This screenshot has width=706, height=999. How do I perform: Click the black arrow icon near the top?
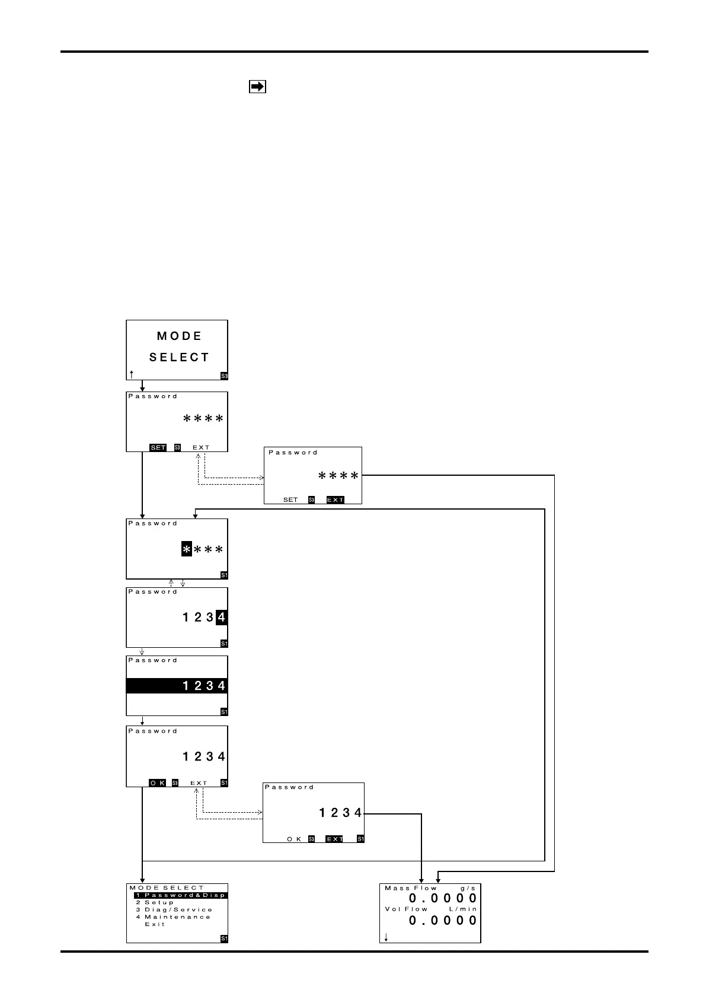tap(257, 87)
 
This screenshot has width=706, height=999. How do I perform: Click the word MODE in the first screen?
tap(179, 336)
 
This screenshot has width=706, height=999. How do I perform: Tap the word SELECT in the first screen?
tap(179, 358)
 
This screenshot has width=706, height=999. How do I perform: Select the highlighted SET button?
tap(158, 447)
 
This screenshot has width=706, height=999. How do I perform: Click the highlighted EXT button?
tap(335, 499)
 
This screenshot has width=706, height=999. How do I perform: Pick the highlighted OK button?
tap(157, 783)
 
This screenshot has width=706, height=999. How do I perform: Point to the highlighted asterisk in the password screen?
tap(187, 551)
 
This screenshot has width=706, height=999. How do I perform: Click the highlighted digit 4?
tap(221, 618)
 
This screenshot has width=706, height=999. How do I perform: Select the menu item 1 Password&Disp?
tap(179, 895)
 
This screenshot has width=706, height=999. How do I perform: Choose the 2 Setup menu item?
tap(155, 902)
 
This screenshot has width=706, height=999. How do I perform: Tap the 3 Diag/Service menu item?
tap(174, 909)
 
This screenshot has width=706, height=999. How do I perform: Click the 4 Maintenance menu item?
tap(173, 917)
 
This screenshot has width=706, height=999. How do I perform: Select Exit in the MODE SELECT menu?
tap(155, 924)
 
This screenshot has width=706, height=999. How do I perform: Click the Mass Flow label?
tap(410, 888)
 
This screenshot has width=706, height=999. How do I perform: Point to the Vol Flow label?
tap(406, 909)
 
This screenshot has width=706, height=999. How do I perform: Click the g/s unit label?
tap(468, 888)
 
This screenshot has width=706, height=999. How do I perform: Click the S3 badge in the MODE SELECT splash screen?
tap(224, 376)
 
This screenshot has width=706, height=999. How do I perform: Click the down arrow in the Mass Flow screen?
tap(386, 937)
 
